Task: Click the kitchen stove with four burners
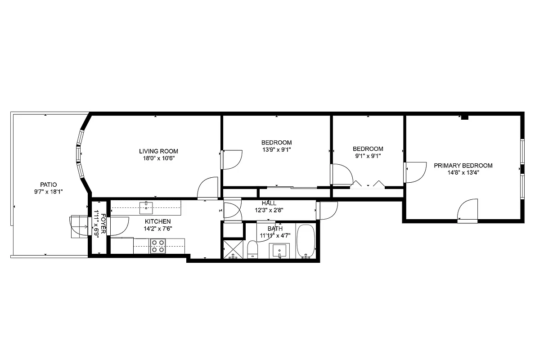click(x=157, y=247)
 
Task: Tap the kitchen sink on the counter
click(x=146, y=207)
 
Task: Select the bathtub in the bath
click(x=306, y=242)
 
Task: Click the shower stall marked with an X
click(x=233, y=249)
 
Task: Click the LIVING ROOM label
click(x=158, y=151)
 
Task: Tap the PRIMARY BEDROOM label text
click(x=463, y=166)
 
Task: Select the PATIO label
click(x=49, y=184)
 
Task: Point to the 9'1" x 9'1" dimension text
click(x=368, y=156)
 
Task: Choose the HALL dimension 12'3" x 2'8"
click(x=269, y=210)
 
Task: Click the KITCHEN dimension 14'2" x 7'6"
click(x=157, y=228)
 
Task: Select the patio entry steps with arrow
click(x=79, y=225)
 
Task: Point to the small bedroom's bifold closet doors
click(x=368, y=184)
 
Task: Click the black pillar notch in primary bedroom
click(x=465, y=118)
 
